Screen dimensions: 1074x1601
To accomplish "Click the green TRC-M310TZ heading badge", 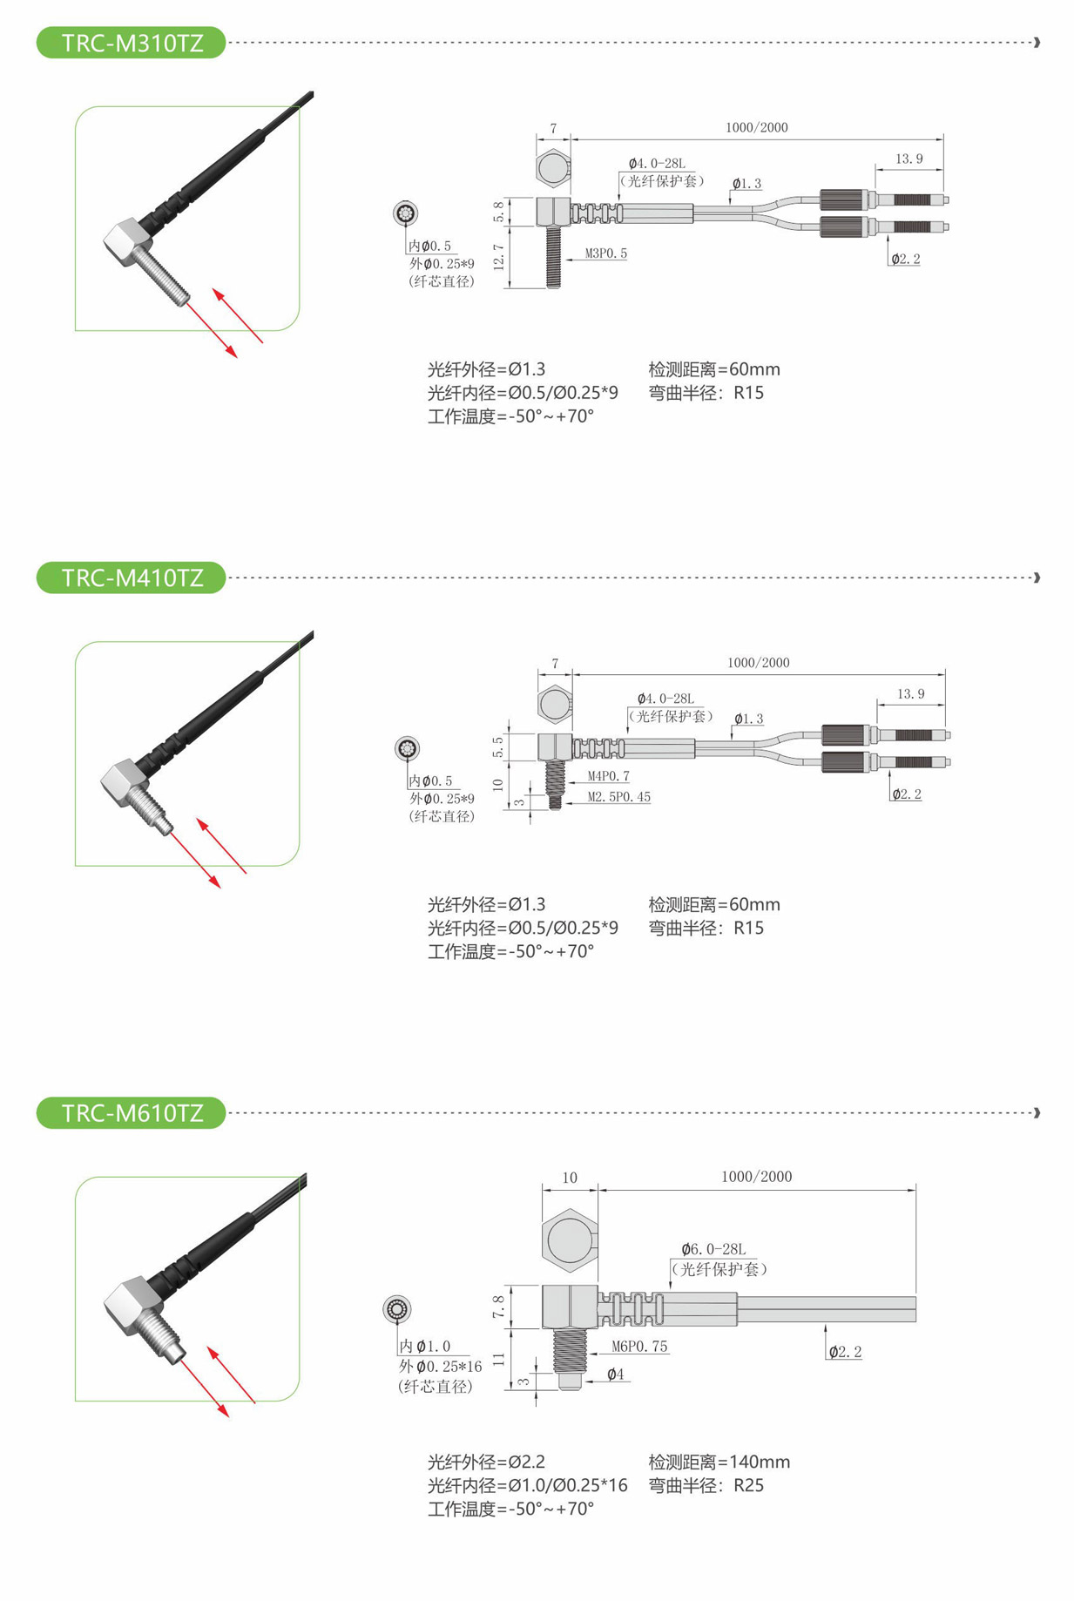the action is pyautogui.click(x=131, y=43).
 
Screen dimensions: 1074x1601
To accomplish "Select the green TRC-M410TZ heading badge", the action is pyautogui.click(x=131, y=578).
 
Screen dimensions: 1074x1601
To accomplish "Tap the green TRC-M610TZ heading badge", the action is pyautogui.click(x=131, y=1112).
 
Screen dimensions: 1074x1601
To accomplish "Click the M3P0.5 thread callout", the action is pyautogui.click(x=606, y=253).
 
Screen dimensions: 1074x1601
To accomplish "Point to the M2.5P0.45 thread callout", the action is pyautogui.click(x=618, y=797).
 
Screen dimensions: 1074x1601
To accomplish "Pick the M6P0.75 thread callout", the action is pyautogui.click(x=639, y=1347).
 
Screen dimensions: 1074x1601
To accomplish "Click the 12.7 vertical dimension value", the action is pyautogui.click(x=499, y=257).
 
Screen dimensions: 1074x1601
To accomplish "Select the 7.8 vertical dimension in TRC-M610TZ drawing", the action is pyautogui.click(x=498, y=1307).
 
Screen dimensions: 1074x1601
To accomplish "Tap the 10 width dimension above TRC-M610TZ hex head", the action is pyautogui.click(x=570, y=1178).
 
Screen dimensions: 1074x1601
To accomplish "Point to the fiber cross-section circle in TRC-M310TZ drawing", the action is pyautogui.click(x=405, y=213).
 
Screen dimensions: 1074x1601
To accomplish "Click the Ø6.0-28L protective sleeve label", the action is pyautogui.click(x=713, y=1249).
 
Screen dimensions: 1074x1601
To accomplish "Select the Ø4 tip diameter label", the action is pyautogui.click(x=615, y=1375).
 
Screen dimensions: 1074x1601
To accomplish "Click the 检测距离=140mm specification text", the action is pyautogui.click(x=719, y=1462).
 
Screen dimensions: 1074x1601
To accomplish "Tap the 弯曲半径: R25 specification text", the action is pyautogui.click(x=706, y=1485).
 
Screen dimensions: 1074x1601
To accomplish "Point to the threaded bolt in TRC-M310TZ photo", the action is pyautogui.click(x=164, y=276).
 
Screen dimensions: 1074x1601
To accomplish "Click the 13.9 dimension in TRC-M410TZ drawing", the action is pyautogui.click(x=910, y=694).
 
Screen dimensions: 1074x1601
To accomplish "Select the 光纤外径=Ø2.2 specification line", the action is pyautogui.click(x=486, y=1462).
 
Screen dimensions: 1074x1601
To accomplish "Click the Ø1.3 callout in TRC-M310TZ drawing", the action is pyautogui.click(x=746, y=184).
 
